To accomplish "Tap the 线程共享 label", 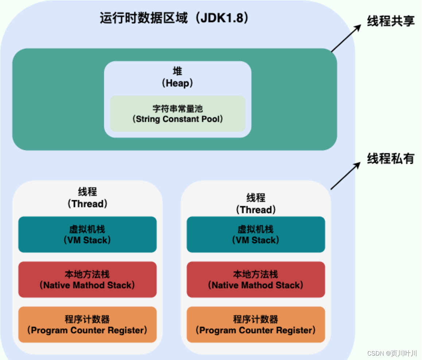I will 391,21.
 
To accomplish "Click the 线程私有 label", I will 391,158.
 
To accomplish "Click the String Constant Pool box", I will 177,114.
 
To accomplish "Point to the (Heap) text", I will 177,83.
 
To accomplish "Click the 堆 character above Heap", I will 177,71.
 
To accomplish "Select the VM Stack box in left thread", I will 87,234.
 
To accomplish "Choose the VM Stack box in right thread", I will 256,234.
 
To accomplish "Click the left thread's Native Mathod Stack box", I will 87,280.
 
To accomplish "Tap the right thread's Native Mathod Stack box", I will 256,280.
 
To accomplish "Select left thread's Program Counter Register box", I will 87,325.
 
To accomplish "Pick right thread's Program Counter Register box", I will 256,325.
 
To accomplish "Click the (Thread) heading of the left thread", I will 87,204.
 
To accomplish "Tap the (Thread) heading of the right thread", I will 256,210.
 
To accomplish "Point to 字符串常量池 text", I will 177,108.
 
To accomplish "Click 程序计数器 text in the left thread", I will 87,320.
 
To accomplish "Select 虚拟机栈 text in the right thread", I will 256,229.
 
